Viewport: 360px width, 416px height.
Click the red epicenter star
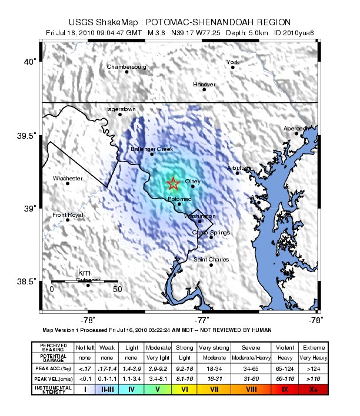click(x=173, y=184)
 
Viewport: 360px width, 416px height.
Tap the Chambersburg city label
click(x=126, y=66)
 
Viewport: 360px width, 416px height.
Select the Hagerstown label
click(x=120, y=109)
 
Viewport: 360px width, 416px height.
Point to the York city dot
click(x=233, y=67)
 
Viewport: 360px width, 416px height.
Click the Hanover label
click(x=204, y=84)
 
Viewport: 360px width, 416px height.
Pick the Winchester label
click(x=68, y=178)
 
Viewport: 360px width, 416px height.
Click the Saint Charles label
click(x=211, y=259)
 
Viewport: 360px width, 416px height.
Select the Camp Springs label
click(x=211, y=232)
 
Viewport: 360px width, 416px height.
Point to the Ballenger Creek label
click(x=152, y=149)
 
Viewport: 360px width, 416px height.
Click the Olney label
click(x=193, y=181)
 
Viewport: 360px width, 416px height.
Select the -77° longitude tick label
click(x=203, y=320)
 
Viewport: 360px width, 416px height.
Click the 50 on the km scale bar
click(x=116, y=288)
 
